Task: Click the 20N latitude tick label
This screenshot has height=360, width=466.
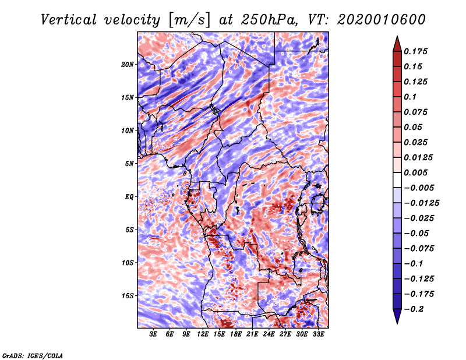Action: tap(128, 64)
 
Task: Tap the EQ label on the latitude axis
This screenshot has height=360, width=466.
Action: tap(129, 197)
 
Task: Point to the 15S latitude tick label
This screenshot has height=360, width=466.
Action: tap(128, 296)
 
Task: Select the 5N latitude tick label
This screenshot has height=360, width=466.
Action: tap(129, 164)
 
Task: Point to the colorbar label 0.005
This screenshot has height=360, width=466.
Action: tap(417, 173)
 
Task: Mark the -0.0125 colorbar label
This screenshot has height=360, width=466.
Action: tap(423, 203)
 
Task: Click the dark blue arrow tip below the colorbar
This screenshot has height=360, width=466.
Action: tap(397, 320)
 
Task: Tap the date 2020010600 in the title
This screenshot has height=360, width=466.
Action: tap(373, 20)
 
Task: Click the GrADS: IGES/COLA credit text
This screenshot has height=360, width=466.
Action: tap(33, 355)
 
